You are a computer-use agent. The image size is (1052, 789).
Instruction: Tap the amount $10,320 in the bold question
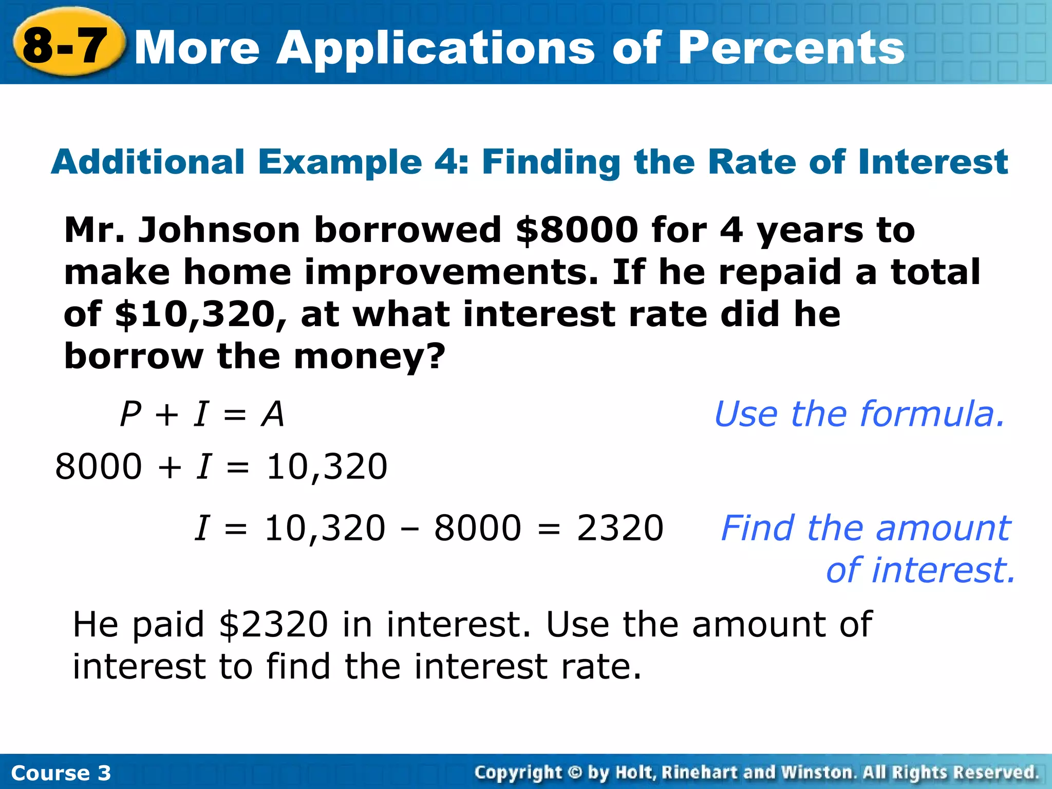[196, 314]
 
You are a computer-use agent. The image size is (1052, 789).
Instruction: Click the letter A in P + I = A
[272, 414]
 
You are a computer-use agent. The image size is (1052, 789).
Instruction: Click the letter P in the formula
[130, 414]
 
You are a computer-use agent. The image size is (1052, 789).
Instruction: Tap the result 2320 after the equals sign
[620, 528]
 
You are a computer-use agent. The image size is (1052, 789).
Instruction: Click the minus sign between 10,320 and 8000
[409, 529]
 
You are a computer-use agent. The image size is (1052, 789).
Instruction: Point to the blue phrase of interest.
[920, 570]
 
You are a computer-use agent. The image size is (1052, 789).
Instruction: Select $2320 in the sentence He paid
[273, 625]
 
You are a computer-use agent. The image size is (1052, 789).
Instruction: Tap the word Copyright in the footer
[518, 773]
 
